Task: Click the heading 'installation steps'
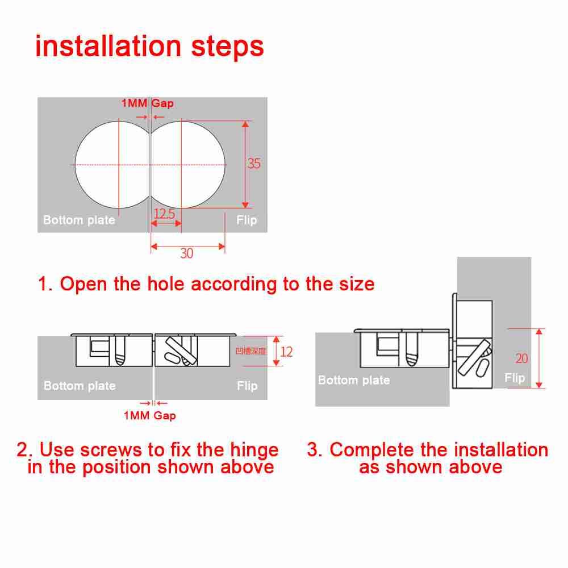pyautogui.click(x=149, y=47)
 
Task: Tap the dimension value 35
pyautogui.click(x=254, y=164)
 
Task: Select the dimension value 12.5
pyautogui.click(x=164, y=214)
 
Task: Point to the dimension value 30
pyautogui.click(x=187, y=254)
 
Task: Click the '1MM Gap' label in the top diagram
pyautogui.click(x=147, y=103)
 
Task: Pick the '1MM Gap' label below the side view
pyautogui.click(x=150, y=416)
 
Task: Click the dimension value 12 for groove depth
pyautogui.click(x=287, y=352)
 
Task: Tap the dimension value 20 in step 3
pyautogui.click(x=521, y=358)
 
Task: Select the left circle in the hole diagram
pyautogui.click(x=111, y=165)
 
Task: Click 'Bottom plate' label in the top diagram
pyautogui.click(x=79, y=220)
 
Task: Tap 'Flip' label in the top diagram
pyautogui.click(x=247, y=220)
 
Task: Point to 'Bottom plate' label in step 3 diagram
pyautogui.click(x=354, y=381)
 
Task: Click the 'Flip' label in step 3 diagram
pyautogui.click(x=515, y=378)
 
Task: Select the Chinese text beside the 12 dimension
pyautogui.click(x=250, y=352)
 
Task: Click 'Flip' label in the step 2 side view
pyautogui.click(x=247, y=386)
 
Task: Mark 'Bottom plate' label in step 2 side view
pyautogui.click(x=80, y=386)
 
